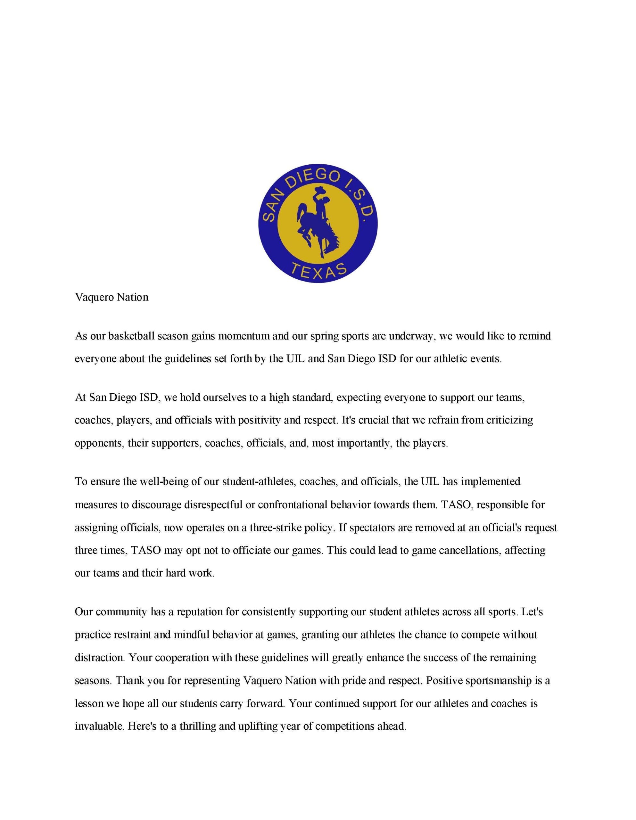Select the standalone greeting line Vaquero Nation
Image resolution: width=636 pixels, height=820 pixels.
coord(112,297)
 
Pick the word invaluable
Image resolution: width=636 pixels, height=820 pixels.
coord(99,726)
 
